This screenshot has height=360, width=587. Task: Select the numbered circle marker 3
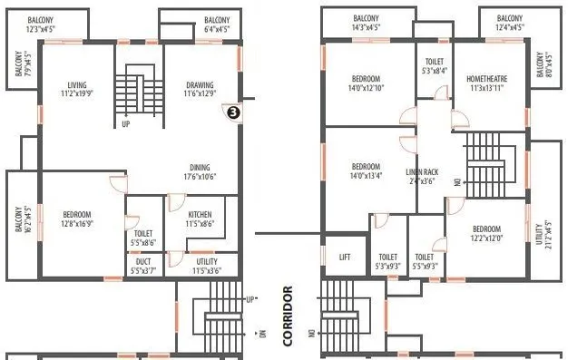233,112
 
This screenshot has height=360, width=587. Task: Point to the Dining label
201,172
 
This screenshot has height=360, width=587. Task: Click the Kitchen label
201,219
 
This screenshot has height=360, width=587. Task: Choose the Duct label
142,265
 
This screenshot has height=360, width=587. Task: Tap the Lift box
344,258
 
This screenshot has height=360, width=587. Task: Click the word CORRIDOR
289,316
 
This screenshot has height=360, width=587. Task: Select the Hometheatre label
488,84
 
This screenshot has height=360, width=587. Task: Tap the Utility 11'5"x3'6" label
206,265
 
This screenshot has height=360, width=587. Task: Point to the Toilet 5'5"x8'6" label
143,238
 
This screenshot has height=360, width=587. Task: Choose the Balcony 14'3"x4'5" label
366,23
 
